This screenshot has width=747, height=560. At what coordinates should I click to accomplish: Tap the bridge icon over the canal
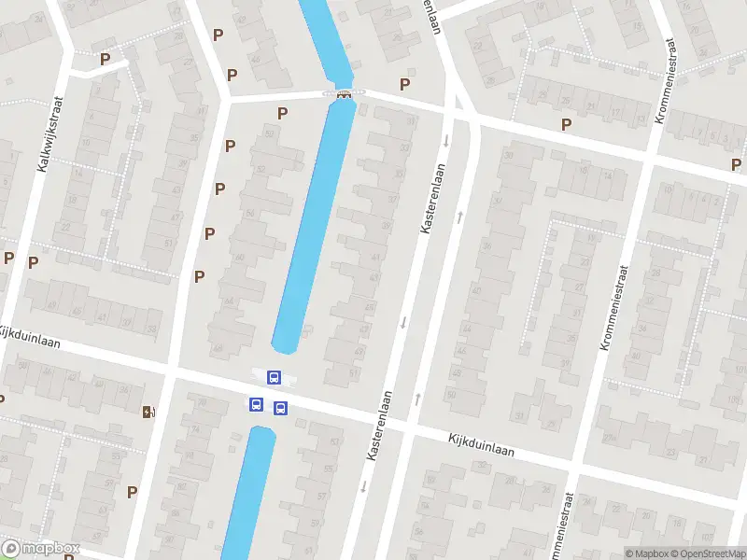click(x=344, y=93)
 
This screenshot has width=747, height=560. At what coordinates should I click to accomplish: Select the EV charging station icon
click(x=148, y=412)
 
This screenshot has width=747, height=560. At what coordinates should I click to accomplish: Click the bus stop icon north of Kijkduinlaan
click(x=275, y=377)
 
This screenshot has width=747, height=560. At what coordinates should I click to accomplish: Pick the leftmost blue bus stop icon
click(x=255, y=404)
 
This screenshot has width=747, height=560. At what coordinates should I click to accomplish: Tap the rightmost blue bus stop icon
click(x=280, y=408)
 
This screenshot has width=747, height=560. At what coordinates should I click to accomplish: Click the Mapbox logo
click(x=41, y=549)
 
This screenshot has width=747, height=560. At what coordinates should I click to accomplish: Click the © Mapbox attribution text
click(x=645, y=553)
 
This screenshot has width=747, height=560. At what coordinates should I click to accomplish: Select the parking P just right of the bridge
click(x=404, y=84)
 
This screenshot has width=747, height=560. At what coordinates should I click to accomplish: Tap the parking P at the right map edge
click(x=737, y=164)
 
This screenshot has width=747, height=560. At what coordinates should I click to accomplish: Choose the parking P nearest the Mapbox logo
click(x=132, y=491)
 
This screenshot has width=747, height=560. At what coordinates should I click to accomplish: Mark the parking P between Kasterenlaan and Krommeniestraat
click(x=566, y=124)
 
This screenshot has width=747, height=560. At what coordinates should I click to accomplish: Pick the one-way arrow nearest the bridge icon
click(x=446, y=140)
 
